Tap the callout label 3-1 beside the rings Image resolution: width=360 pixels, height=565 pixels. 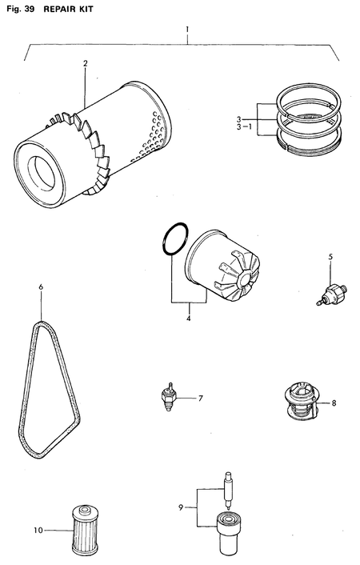[242, 126]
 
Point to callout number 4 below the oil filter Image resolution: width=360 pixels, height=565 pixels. [188, 318]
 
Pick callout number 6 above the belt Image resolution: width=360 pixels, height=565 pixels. [41, 286]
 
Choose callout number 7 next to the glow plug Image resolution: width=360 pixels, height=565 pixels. [201, 398]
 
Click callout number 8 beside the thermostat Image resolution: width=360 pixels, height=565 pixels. [333, 403]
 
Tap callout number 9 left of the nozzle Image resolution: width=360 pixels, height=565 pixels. [182, 507]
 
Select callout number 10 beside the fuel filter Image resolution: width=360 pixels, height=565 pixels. [37, 530]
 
